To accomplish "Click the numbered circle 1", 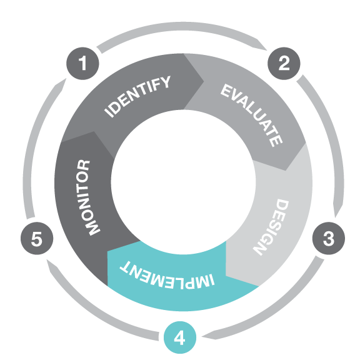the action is tap(82, 63).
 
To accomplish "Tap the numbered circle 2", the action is tap(284, 63).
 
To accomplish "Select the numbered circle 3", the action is tap(329, 238).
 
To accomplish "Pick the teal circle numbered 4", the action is tap(180, 337).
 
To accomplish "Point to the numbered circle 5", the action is tap(37, 238).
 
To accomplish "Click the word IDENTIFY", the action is tap(137, 96).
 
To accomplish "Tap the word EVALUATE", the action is tap(251, 115).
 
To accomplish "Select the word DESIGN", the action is tap(271, 227).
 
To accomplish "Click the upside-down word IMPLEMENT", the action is tap(167, 276).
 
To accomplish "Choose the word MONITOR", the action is tap(88, 197).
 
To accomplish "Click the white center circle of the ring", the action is tap(183, 182).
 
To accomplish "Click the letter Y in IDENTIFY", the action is tap(165, 82).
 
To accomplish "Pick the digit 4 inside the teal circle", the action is tap(179, 338).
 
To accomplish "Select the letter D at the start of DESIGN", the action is tap(282, 204).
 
